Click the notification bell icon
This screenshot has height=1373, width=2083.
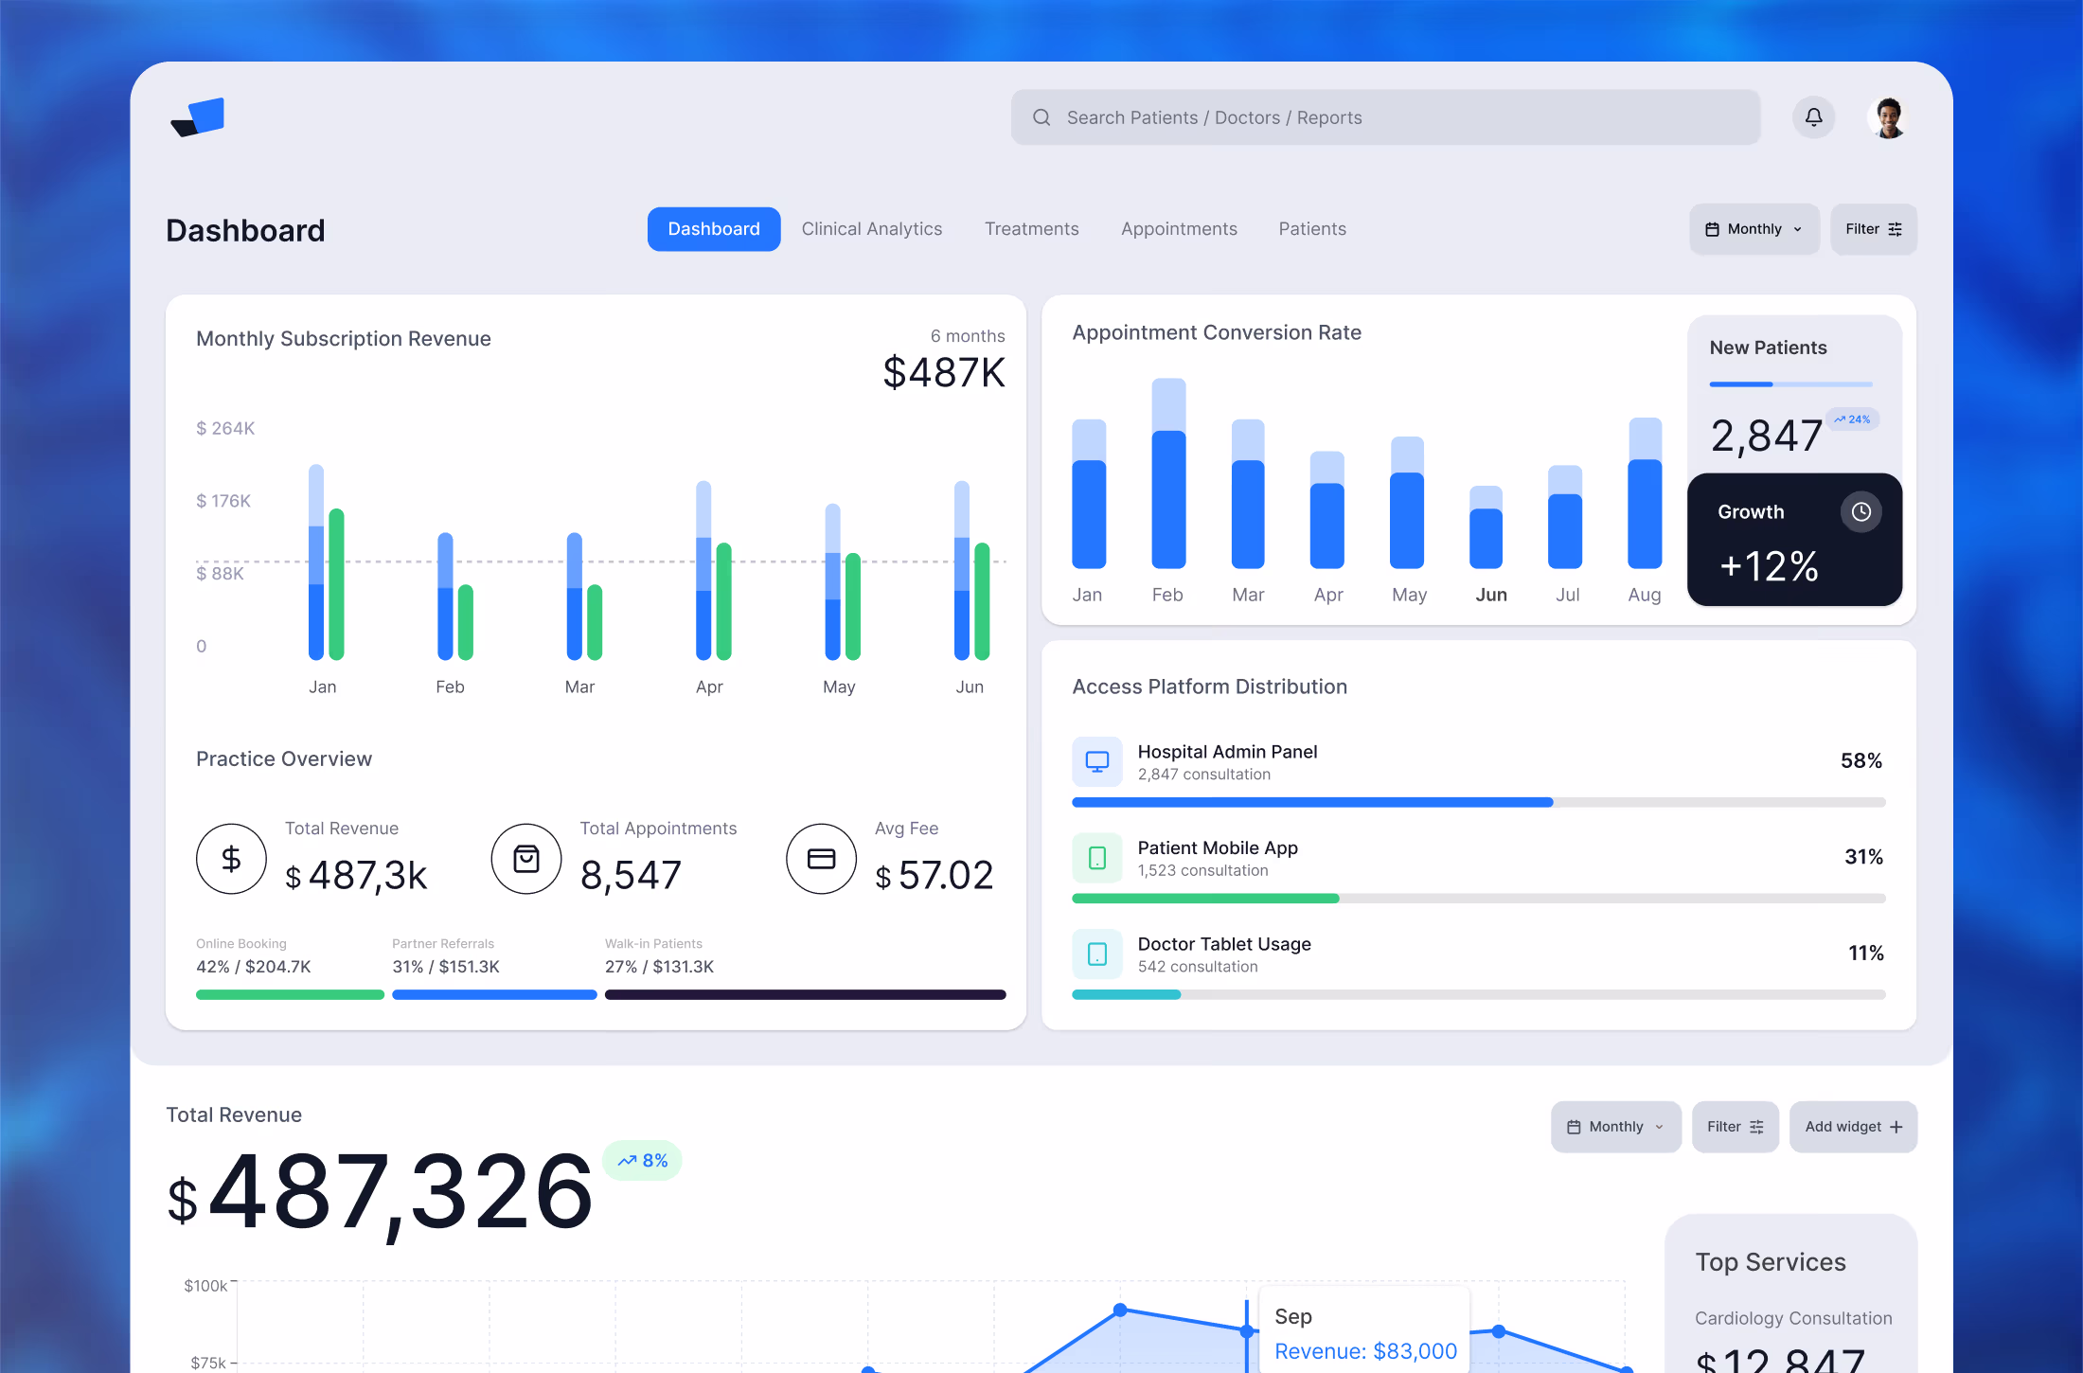[1813, 117]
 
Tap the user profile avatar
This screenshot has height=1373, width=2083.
[1889, 117]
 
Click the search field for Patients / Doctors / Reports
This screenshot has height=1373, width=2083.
[1384, 117]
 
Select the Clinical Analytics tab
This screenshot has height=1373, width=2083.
[871, 229]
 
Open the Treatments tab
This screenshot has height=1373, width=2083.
[1031, 229]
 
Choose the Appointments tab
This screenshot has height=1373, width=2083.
[1179, 229]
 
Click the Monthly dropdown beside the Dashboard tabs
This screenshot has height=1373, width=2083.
[1754, 229]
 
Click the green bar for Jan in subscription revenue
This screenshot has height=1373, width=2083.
[336, 583]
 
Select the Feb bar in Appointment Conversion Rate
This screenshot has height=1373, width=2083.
[1168, 473]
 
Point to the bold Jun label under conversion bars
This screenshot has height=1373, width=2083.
[1490, 595]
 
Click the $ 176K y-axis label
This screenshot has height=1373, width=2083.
[223, 501]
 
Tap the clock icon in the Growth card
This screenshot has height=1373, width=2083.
[1860, 512]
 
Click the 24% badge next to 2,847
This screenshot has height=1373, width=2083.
[1852, 419]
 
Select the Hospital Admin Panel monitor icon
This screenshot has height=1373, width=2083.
[1096, 761]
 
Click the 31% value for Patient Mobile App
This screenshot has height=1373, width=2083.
[1862, 857]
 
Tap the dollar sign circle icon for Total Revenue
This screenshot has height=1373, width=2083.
[231, 859]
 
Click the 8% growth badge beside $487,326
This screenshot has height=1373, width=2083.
[643, 1161]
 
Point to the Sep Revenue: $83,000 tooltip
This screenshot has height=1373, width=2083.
[1364, 1333]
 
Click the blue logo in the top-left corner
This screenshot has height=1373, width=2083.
[198, 117]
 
